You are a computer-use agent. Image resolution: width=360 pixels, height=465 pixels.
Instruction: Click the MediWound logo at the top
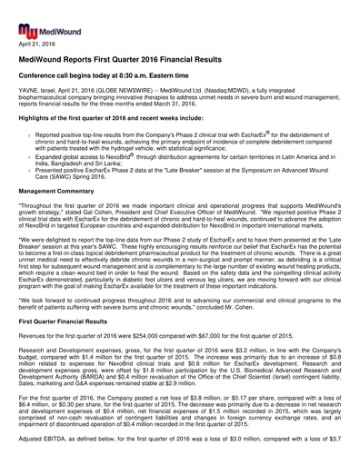(x=37, y=15)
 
